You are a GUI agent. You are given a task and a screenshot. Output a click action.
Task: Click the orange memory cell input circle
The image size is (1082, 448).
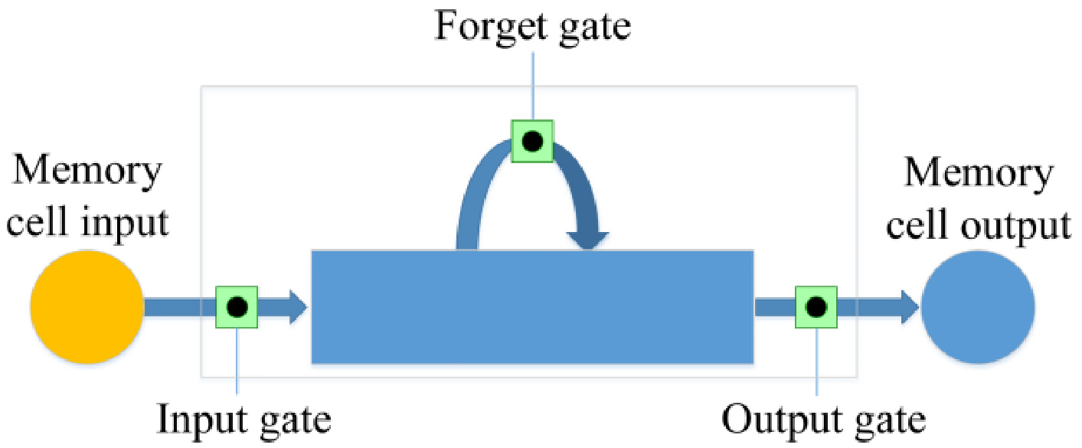click(x=87, y=307)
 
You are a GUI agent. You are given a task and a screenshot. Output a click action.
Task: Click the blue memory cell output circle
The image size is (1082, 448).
click(x=978, y=307)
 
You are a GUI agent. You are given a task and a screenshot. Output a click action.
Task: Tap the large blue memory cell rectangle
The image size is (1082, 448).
click(x=532, y=306)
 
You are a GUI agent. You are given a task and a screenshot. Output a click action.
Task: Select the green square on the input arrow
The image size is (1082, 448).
click(x=237, y=307)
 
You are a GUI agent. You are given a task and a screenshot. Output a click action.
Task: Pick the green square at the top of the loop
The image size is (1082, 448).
click(x=532, y=141)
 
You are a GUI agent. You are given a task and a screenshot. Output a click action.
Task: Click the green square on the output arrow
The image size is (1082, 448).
click(x=816, y=307)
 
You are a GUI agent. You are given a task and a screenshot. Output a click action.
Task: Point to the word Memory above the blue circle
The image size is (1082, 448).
click(x=979, y=174)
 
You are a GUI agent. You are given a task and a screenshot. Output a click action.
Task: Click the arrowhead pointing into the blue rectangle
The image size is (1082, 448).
click(x=296, y=307)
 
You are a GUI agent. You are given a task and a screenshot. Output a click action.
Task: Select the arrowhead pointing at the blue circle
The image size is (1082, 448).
click(x=908, y=307)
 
